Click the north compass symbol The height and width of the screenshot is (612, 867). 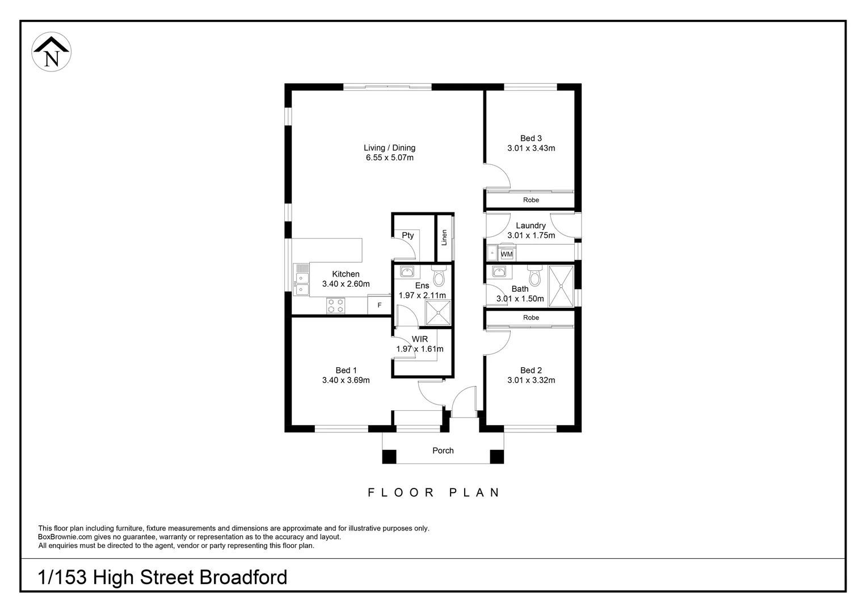coord(52,52)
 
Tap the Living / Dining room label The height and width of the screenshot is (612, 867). coord(389,148)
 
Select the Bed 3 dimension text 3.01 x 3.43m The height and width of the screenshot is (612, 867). coord(531,148)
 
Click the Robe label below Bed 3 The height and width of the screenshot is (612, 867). coord(531,200)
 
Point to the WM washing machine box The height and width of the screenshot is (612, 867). coord(506,254)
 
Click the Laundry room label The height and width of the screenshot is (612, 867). coord(531,226)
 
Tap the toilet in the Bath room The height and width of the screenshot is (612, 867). coord(534,276)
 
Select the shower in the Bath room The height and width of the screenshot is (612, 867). coord(561,286)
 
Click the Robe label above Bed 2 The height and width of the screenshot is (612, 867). coord(531,318)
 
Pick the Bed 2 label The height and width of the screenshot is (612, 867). coord(531,371)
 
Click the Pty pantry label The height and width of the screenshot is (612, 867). coord(407,236)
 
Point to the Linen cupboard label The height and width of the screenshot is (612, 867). coord(444,237)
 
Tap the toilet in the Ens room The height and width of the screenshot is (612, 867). coord(439,276)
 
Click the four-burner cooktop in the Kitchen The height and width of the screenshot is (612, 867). coord(335,306)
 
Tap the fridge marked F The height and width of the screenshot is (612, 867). coord(379,305)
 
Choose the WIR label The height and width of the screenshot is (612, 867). coord(420,339)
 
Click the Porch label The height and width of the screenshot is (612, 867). coord(443,451)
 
